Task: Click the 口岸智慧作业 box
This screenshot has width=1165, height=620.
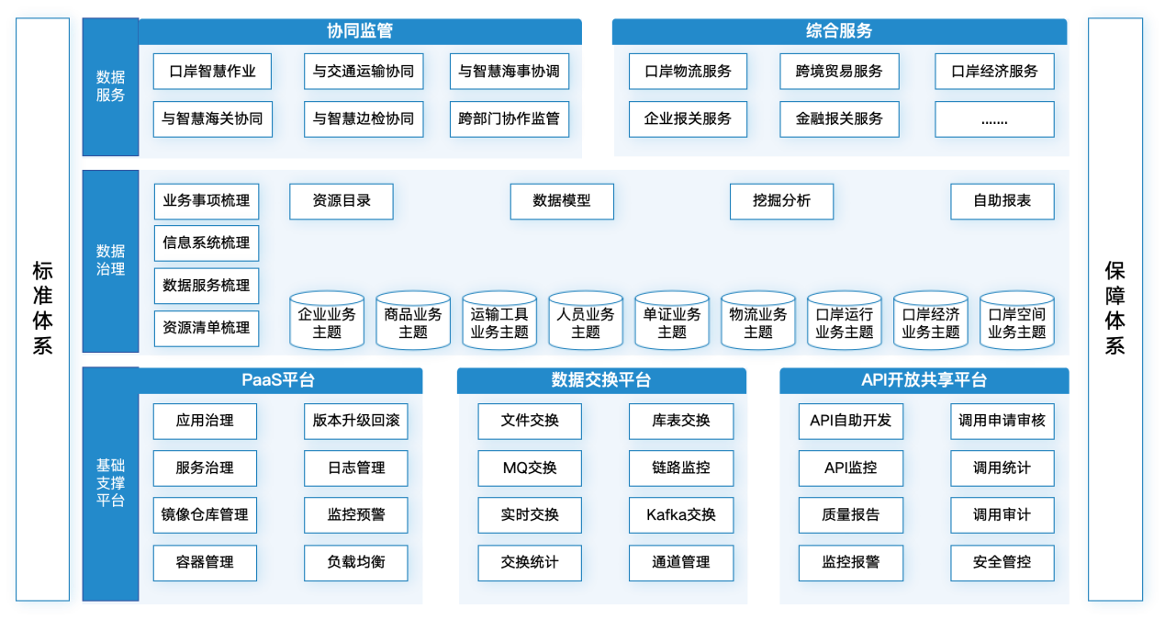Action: click(212, 72)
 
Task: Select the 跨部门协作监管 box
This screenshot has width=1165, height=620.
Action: click(509, 118)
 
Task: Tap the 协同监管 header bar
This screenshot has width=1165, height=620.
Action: click(360, 31)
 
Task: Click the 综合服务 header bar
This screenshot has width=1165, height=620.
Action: click(839, 31)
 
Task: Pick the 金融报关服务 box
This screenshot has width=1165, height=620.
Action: click(839, 118)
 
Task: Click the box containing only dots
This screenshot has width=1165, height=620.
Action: click(994, 118)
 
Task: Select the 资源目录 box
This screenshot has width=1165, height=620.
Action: click(342, 201)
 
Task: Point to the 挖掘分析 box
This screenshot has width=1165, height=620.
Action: click(781, 201)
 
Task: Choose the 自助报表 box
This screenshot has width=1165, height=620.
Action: click(1003, 201)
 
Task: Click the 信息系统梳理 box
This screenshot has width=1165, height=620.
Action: click(206, 243)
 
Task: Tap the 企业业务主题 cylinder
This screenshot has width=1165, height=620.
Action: click(327, 322)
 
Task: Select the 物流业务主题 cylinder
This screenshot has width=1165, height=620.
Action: click(758, 322)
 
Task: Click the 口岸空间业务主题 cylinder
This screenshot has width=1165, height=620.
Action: click(1017, 322)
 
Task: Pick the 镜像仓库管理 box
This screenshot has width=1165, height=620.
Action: click(205, 515)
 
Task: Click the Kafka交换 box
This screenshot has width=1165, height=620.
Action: click(681, 515)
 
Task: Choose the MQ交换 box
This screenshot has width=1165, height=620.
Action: click(530, 468)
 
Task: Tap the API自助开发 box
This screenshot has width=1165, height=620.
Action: click(850, 421)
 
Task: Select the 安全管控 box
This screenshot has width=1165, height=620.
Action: click(1002, 562)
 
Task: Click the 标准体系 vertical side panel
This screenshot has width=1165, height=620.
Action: click(42, 310)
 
